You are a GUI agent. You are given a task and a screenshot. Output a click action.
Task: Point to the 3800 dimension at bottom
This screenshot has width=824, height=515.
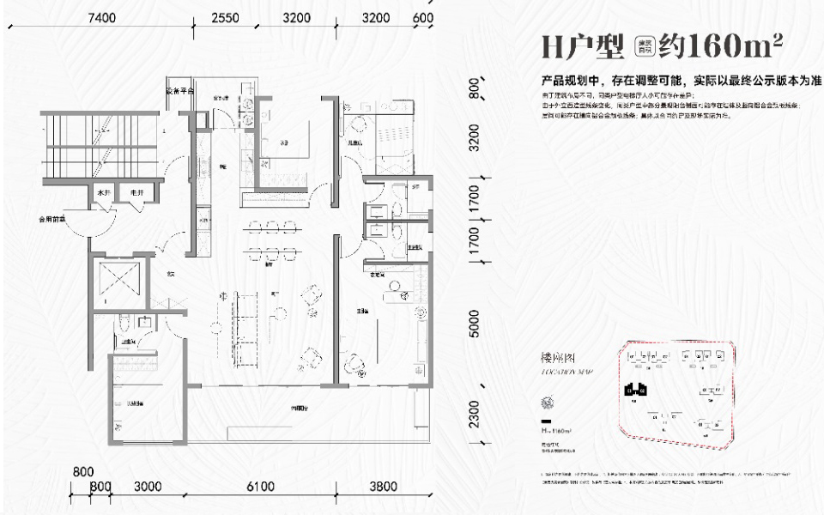click(x=383, y=487)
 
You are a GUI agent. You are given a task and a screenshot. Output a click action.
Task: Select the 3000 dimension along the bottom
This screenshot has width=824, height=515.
click(x=148, y=487)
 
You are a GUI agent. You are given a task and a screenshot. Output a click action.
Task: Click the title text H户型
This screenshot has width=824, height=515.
click(x=584, y=45)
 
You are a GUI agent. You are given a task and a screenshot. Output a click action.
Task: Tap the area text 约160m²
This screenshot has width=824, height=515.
click(x=720, y=45)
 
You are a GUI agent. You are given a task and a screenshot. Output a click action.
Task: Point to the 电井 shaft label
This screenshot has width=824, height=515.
click(x=135, y=194)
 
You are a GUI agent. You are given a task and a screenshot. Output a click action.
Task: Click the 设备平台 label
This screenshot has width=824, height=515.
click(x=180, y=91)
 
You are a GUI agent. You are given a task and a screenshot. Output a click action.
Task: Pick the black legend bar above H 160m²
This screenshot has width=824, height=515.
click(x=546, y=422)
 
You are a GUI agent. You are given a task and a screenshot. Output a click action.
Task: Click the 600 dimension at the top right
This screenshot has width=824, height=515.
click(x=422, y=17)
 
